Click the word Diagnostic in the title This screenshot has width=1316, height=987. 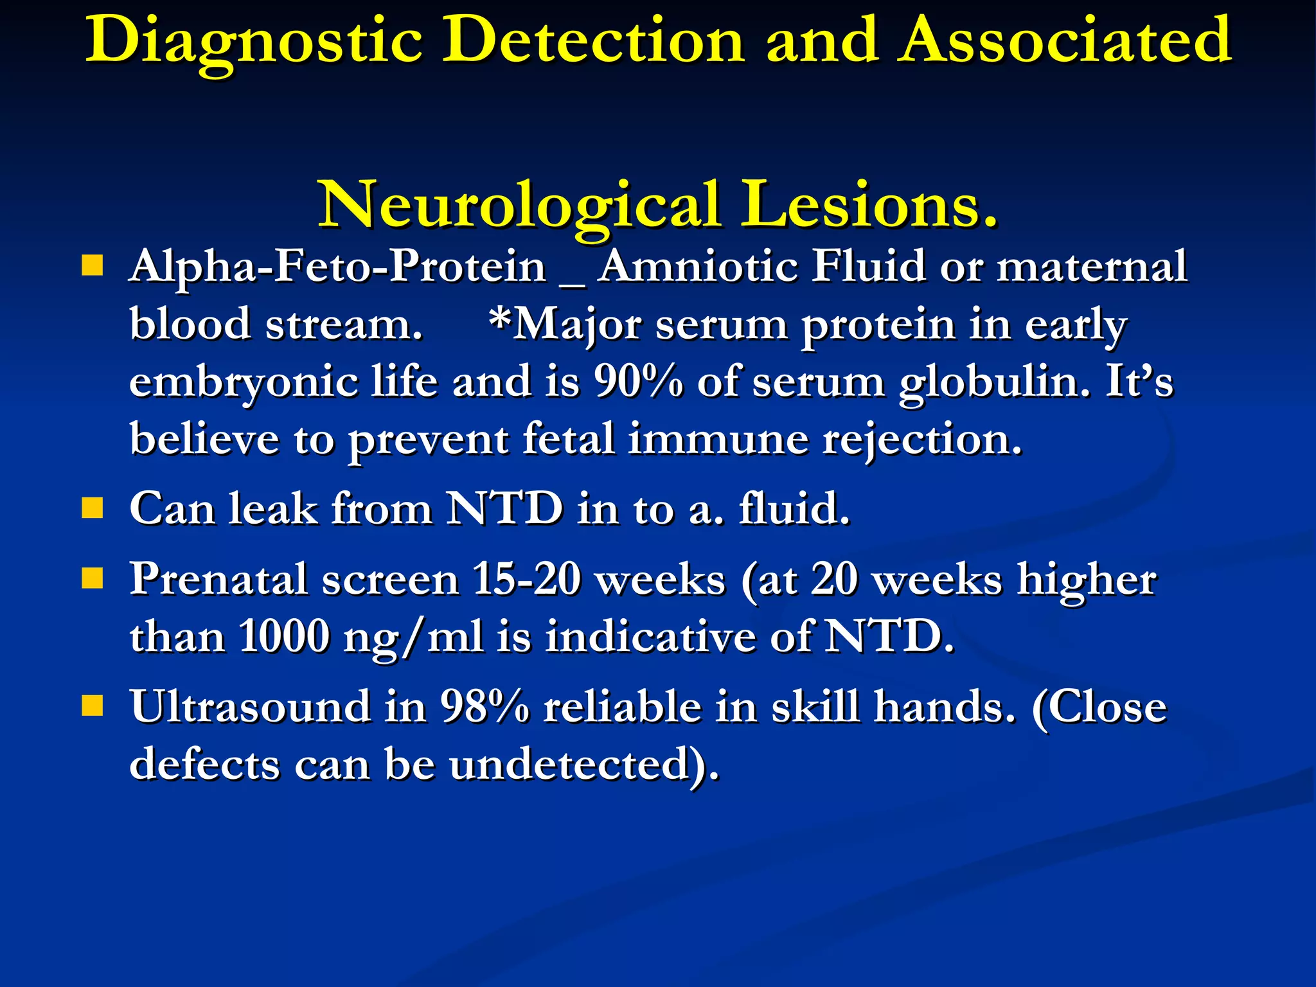pos(254,42)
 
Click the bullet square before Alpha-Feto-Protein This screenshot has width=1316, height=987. pos(93,265)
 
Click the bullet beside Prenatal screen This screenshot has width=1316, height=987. pos(93,578)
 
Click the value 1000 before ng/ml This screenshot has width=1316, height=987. pos(283,636)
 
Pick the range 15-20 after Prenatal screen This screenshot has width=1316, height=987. pos(526,579)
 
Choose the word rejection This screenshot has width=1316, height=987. pos(921,440)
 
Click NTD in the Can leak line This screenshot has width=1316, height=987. pos(504,509)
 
